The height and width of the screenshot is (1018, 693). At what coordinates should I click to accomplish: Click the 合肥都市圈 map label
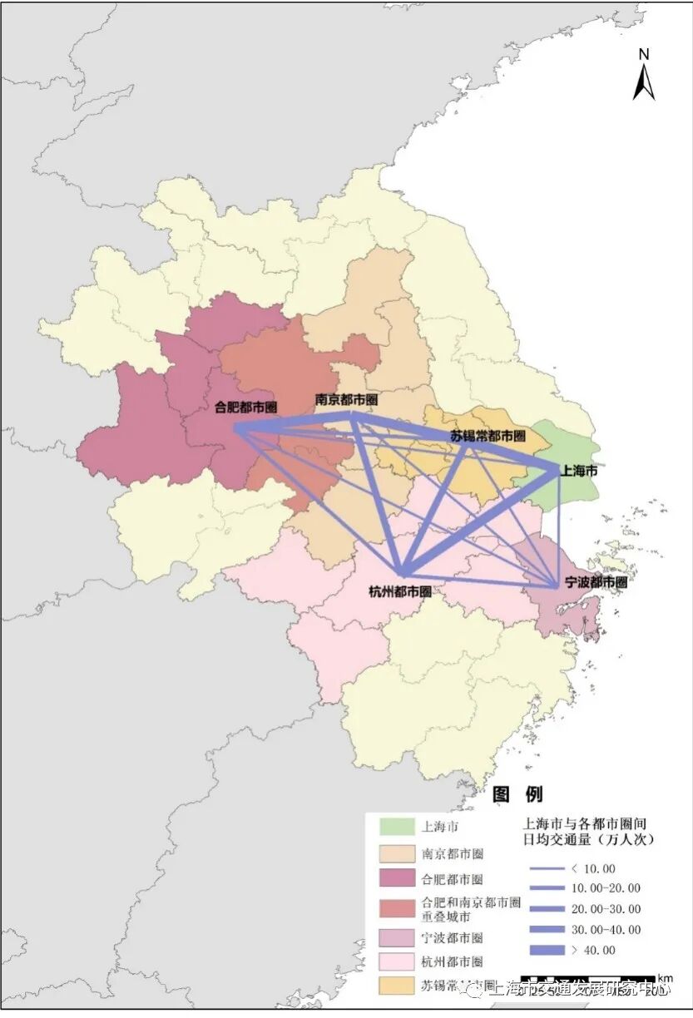245,408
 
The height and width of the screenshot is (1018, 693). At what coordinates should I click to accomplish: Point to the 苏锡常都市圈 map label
488,436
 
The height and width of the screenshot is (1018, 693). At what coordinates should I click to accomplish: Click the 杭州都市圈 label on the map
400,591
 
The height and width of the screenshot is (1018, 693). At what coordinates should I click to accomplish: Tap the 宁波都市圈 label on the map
595,583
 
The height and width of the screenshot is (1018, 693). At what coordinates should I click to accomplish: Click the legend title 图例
517,794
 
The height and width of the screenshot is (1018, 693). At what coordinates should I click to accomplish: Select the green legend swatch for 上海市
398,827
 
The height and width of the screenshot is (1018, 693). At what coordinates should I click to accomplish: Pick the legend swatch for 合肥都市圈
398,879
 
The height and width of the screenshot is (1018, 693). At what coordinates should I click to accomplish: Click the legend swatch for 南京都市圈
398,853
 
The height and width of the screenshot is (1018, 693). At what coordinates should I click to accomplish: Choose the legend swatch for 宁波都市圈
398,937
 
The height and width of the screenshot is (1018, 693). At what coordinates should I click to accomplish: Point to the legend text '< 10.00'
593,868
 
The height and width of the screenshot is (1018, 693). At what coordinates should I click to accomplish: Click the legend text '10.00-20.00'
606,888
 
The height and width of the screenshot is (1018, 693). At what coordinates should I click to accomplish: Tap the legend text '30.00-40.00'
606,930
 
